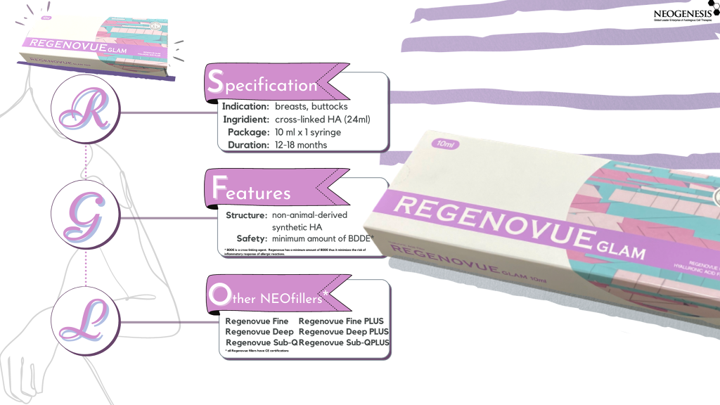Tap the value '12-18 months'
(302, 145)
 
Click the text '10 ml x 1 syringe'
(313, 132)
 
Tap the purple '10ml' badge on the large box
(445, 144)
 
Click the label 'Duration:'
(246, 145)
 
